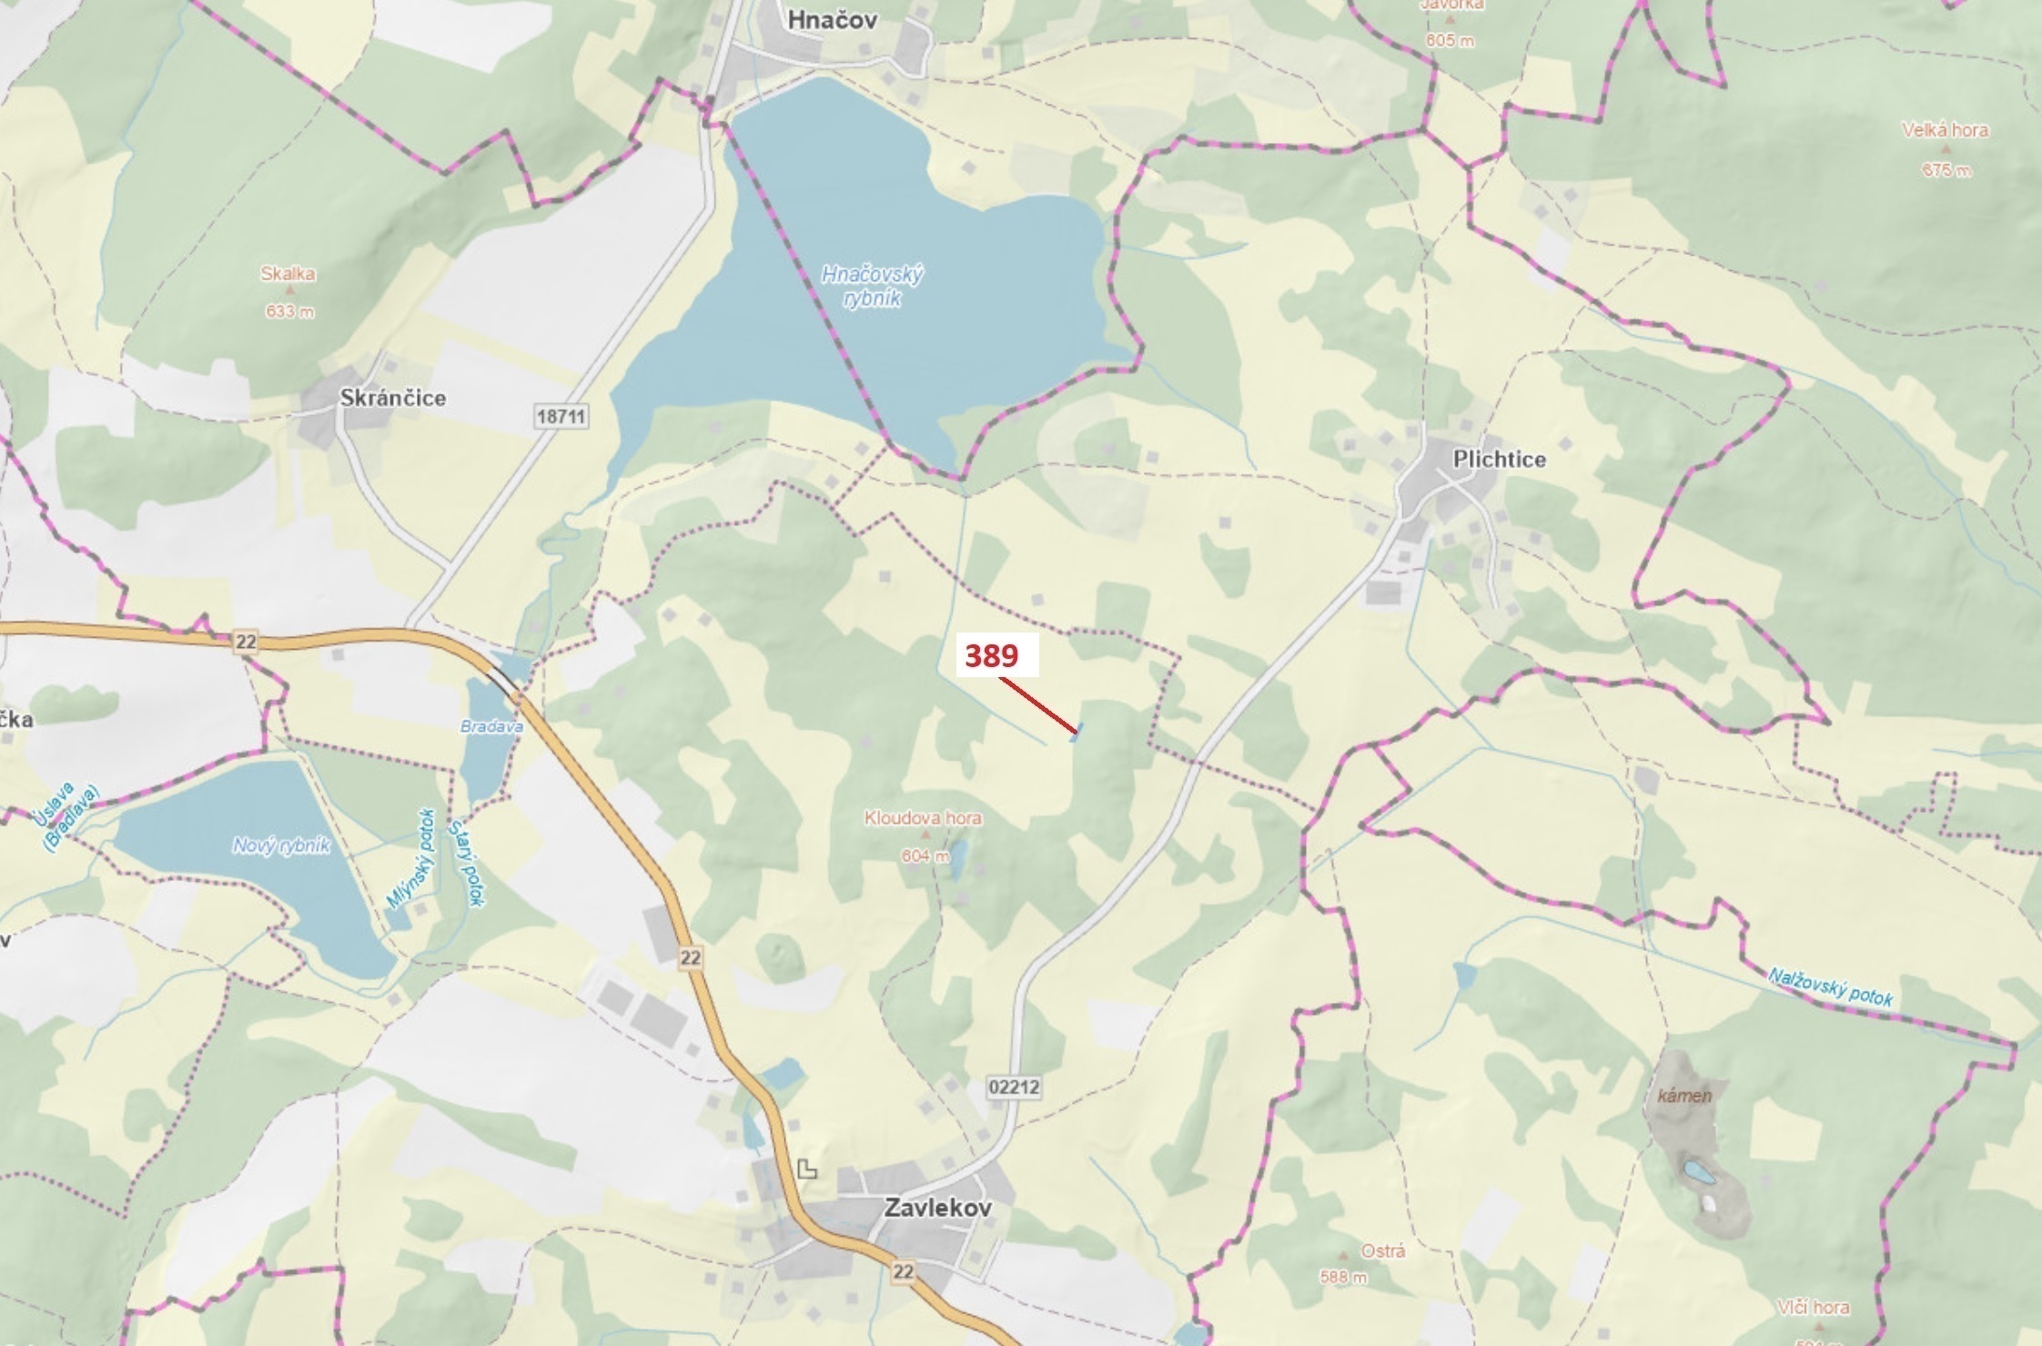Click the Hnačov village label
[832, 20]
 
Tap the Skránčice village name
[393, 398]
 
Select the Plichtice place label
[1499, 459]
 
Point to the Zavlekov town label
[937, 1208]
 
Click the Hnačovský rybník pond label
[872, 286]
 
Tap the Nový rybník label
[281, 845]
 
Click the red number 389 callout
[992, 656]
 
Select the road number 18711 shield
[561, 417]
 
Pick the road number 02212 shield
[1013, 1087]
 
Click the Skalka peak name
[288, 274]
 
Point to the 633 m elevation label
[289, 312]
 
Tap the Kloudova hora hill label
[923, 818]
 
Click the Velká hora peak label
[1946, 130]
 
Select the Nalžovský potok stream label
[1830, 987]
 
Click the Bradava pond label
[491, 727]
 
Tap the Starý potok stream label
[465, 863]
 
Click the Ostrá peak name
[1382, 1251]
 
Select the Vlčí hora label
[1813, 1308]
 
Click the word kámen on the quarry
[1684, 1096]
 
